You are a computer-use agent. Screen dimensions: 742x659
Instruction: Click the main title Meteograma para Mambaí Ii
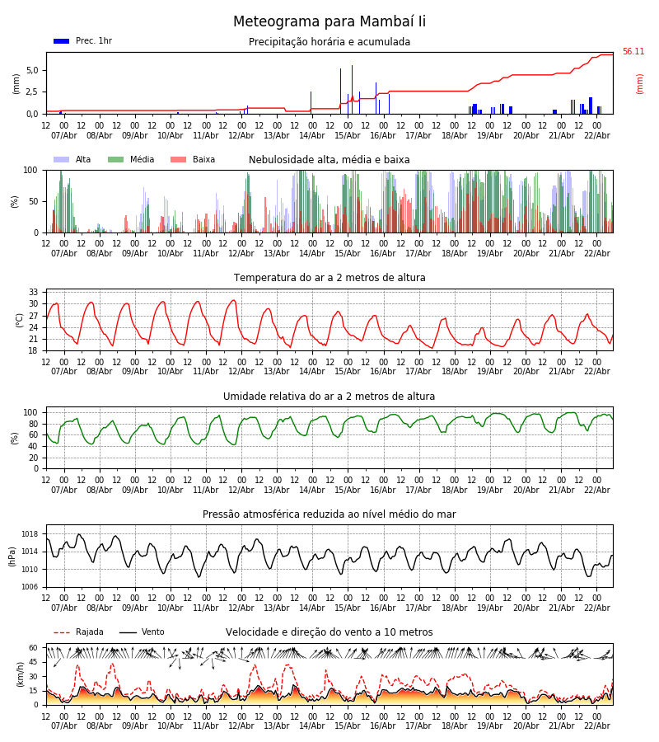pyautogui.click(x=329, y=22)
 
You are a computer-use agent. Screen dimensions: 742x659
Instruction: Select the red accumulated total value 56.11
pyautogui.click(x=633, y=52)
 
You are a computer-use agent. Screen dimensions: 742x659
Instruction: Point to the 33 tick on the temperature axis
pyautogui.click(x=34, y=293)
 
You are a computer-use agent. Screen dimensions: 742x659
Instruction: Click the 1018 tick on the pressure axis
pyautogui.click(x=30, y=534)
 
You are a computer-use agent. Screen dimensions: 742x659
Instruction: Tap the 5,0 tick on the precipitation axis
pyautogui.click(x=32, y=70)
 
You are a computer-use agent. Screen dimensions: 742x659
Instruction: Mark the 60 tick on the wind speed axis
pyautogui.click(x=34, y=648)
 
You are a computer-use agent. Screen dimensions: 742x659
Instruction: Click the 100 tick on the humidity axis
pyautogui.click(x=30, y=412)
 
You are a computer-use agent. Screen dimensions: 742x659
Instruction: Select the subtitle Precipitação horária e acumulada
pyautogui.click(x=329, y=42)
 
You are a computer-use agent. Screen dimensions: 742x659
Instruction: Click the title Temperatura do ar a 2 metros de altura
pyautogui.click(x=329, y=278)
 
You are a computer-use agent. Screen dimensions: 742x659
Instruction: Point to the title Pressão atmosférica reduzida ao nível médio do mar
pyautogui.click(x=329, y=514)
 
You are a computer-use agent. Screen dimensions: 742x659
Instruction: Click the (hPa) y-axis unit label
pyautogui.click(x=13, y=556)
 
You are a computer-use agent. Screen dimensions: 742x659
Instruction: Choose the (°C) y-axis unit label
pyautogui.click(x=19, y=319)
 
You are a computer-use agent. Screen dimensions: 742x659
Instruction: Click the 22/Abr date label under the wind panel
pyautogui.click(x=596, y=726)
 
